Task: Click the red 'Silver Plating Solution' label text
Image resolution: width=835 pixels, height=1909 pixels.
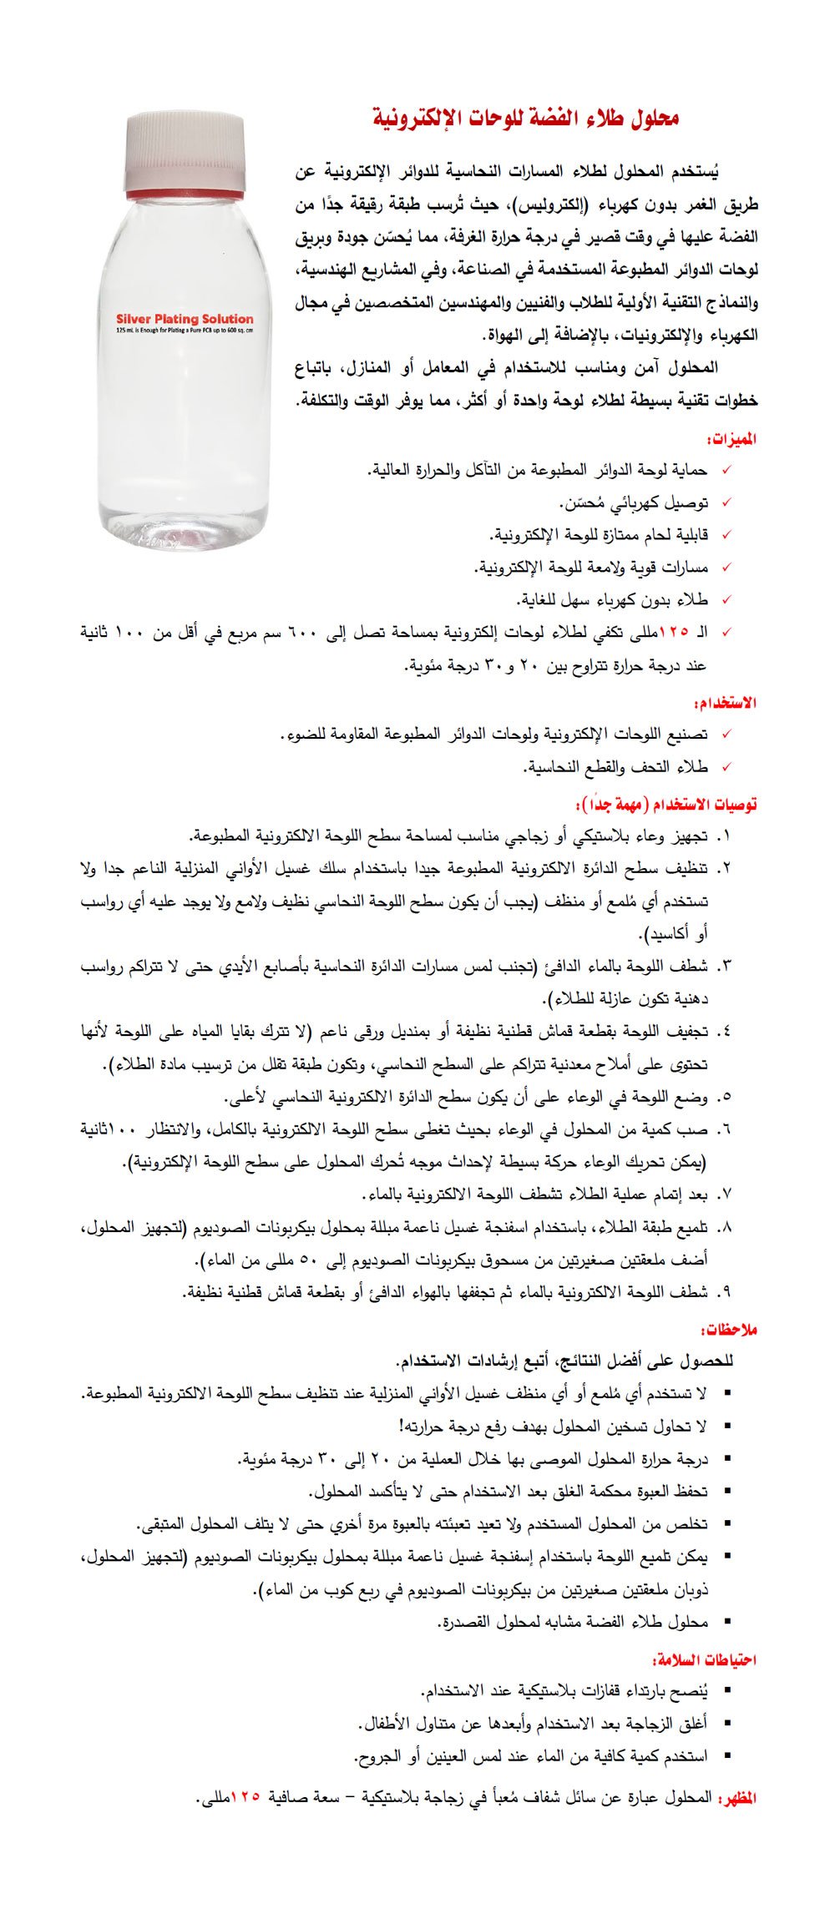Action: (185, 318)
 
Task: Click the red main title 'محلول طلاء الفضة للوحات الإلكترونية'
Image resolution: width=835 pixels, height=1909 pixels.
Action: (525, 118)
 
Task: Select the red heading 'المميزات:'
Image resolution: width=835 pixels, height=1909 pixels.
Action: (731, 439)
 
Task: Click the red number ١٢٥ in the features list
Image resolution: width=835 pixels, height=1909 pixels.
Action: (674, 632)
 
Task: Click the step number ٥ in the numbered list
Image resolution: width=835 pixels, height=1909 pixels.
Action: (725, 1097)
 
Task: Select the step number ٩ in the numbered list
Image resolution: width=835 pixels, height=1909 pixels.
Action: (725, 1293)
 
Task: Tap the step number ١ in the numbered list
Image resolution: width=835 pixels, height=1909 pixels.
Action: (725, 836)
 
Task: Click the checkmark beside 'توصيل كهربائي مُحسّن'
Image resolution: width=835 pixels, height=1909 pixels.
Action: (726, 503)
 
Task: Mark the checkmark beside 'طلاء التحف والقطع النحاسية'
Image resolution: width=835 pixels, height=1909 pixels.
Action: (726, 766)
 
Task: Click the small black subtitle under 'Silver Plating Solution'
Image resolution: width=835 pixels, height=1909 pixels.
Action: (185, 331)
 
